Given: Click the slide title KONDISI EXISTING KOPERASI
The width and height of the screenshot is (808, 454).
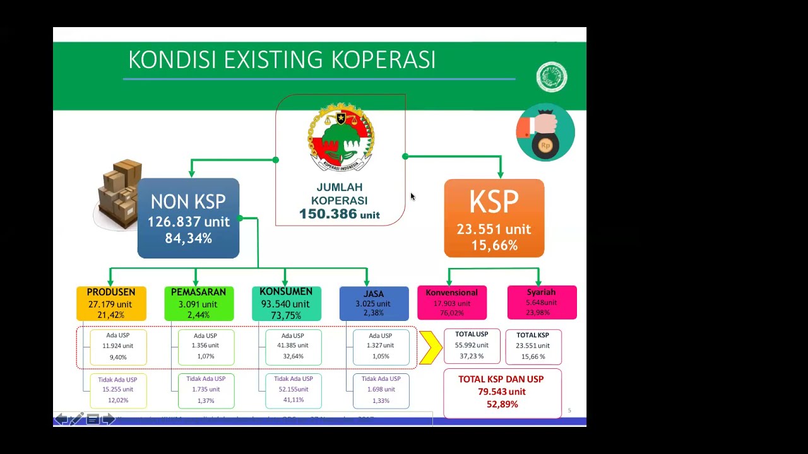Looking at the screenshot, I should coord(282,60).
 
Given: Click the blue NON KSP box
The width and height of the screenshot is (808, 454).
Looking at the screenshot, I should coord(188,218).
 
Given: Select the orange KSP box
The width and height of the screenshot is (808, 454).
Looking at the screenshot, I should coord(494,218).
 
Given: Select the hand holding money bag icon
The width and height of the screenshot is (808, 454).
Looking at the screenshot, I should coord(545,133).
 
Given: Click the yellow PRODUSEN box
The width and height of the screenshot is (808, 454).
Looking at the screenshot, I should coord(111,303).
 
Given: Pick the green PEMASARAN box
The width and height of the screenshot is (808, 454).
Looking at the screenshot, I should coord(198,303).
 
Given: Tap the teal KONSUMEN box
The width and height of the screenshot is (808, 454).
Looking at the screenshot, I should coord(286,303).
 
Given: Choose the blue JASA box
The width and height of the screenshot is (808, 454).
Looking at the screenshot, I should coord(374,303).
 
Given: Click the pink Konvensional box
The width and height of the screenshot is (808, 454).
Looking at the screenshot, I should coord(451,303).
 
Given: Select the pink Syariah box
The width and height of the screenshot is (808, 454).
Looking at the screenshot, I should coord(542,303).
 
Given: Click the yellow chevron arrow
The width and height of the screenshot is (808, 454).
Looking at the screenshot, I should coord(431,347).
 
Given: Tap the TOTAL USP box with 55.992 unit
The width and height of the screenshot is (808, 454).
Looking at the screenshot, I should coord(472,346).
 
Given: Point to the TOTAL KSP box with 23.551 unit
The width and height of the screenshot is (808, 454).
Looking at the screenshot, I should coord(533,346).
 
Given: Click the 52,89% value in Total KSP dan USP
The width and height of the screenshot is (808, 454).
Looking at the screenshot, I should coord(502,404).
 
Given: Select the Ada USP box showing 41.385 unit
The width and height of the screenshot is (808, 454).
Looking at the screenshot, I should coord(293,346).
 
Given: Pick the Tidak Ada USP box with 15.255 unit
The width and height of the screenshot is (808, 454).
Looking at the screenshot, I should coord(118,390).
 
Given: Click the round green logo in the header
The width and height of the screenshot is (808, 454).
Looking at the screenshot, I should coord(552,77).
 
